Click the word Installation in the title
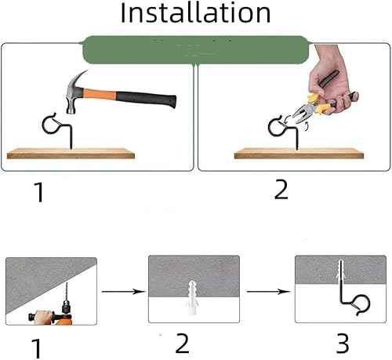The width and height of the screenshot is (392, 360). point(195,13)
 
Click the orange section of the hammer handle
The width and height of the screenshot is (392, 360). point(100,93)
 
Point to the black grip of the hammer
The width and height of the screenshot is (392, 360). point(146,99)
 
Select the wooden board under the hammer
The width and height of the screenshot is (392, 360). point(71,154)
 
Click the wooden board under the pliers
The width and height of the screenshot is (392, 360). point(299,154)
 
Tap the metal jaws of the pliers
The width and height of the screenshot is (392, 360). point(303,112)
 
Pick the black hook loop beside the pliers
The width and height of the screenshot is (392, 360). point(274,127)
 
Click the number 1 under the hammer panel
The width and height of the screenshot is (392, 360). point(39,192)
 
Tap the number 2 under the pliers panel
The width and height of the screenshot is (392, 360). point(281,190)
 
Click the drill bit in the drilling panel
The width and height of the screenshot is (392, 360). point(67,292)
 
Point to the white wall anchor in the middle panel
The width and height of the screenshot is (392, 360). point(192,298)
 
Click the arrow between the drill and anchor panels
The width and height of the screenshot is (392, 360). point(123,291)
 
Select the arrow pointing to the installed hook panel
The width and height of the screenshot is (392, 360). point(269,291)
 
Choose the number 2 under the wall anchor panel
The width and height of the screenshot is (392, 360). point(182,343)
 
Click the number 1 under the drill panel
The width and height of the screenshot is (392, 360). point(37,348)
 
